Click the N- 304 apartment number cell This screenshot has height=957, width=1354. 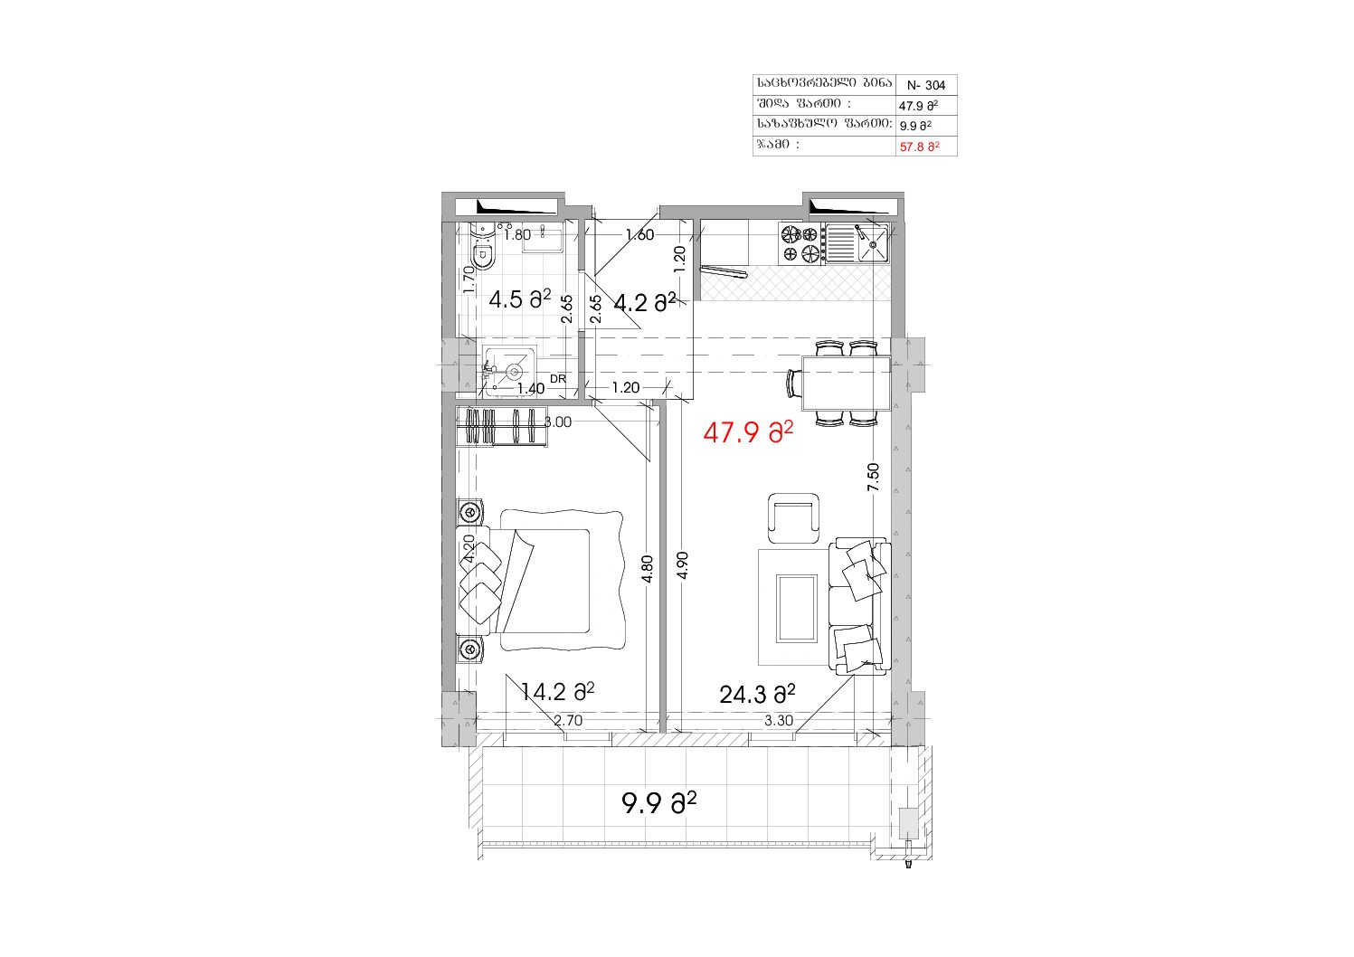(925, 85)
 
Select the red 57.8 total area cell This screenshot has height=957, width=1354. (919, 147)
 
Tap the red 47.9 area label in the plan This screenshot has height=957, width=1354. (748, 433)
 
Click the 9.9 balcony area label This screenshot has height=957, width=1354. (658, 803)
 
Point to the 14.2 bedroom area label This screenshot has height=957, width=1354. (557, 692)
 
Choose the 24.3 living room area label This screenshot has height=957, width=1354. (757, 695)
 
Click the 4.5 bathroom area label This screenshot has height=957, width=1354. (520, 298)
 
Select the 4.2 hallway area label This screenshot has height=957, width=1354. (644, 302)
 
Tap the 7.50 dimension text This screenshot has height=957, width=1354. (873, 477)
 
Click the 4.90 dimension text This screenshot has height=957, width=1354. (683, 565)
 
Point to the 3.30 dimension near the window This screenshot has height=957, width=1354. (779, 720)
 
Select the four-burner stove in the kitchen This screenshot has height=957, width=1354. (800, 243)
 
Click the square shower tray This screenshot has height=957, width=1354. (510, 371)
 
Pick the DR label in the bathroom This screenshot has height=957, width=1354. (558, 379)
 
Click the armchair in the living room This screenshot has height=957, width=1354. (793, 518)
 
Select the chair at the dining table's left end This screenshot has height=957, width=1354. (794, 383)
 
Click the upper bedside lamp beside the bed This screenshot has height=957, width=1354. (469, 513)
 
